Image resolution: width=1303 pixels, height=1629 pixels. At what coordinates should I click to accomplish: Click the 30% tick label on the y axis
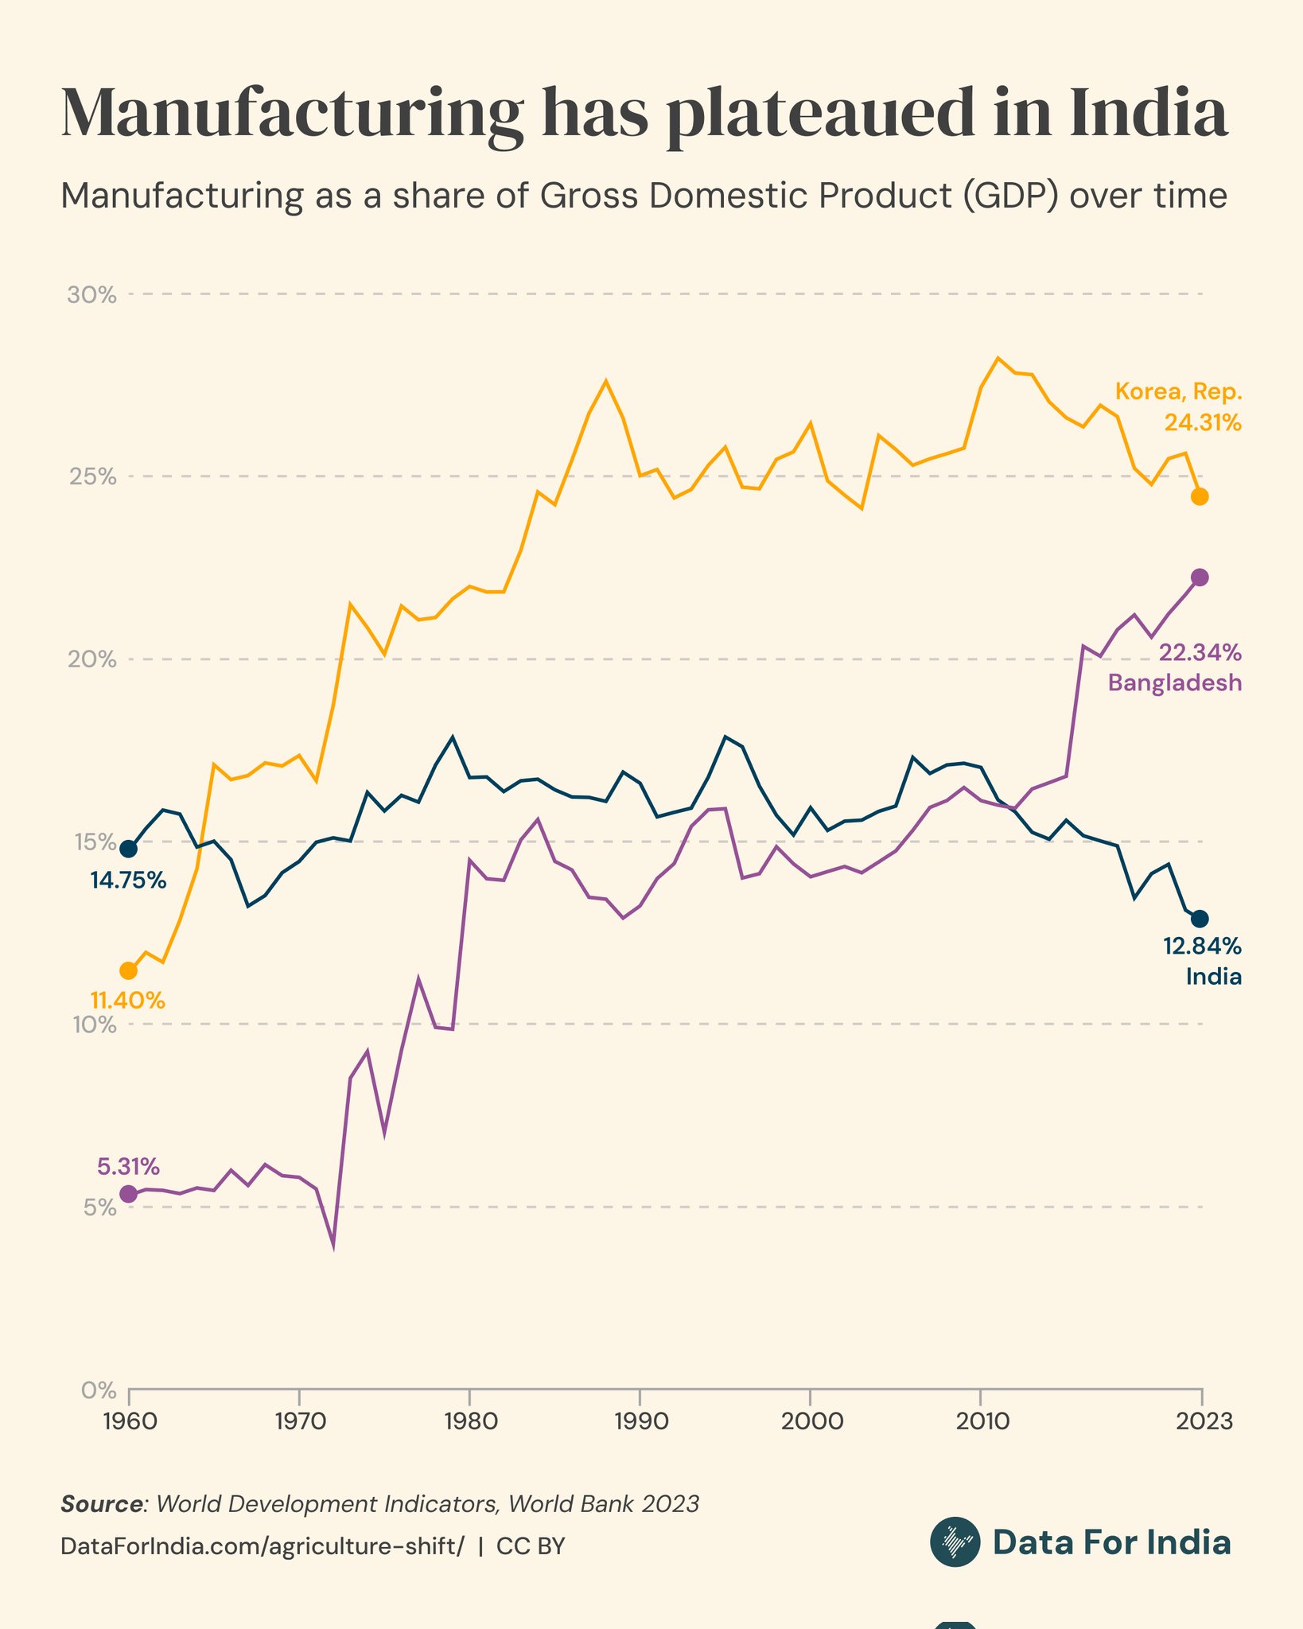coord(91,295)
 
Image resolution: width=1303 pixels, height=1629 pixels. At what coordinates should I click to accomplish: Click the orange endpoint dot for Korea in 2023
coord(1200,497)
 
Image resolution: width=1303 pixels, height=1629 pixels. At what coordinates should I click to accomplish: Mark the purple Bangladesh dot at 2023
coord(1200,577)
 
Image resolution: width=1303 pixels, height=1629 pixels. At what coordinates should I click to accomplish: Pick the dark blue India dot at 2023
coord(1200,919)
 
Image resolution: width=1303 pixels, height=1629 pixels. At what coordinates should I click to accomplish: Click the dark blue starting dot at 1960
coord(128,849)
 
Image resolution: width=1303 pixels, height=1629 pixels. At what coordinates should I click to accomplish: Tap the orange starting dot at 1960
coord(128,970)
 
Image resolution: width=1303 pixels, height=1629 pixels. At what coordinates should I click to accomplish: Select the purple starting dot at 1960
coord(128,1194)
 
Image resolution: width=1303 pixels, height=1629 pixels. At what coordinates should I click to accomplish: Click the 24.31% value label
coord(1203,423)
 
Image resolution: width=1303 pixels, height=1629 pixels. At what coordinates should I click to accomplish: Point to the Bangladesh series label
coord(1175,682)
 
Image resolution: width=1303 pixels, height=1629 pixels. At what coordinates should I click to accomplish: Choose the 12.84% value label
coord(1202,947)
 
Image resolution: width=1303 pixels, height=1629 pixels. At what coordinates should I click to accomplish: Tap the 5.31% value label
coord(129,1167)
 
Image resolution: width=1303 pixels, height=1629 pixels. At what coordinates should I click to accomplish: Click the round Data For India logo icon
coord(955,1542)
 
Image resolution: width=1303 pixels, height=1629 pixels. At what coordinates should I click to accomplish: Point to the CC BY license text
coord(531,1546)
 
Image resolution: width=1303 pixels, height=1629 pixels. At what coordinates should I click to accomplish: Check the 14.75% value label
coord(128,881)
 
